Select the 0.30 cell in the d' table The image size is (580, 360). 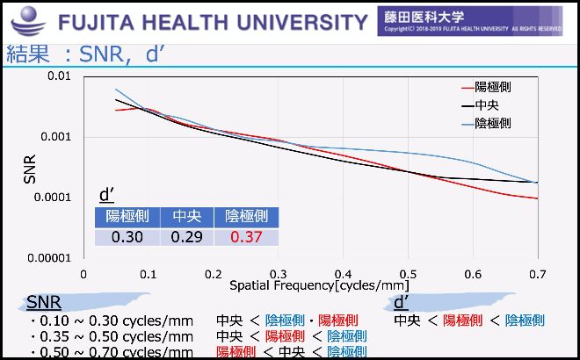point(127,237)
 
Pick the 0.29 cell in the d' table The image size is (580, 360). point(186,237)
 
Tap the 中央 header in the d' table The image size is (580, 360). point(186,216)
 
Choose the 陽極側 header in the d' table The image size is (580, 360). point(127,216)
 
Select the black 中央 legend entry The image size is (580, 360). point(488,105)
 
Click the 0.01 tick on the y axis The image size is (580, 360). point(58,76)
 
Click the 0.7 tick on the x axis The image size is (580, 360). point(536,274)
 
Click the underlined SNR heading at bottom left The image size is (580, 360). point(44,303)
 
